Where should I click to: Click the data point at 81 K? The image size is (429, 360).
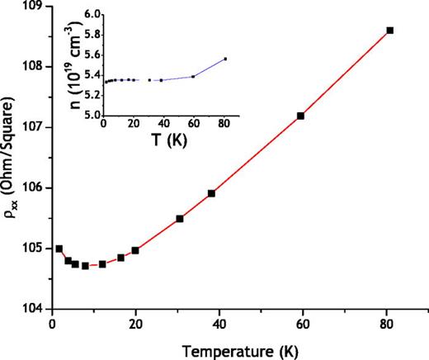point(390,31)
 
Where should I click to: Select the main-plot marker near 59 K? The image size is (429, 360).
point(300,116)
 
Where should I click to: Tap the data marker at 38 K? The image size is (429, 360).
point(211,193)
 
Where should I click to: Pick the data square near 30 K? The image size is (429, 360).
point(180,219)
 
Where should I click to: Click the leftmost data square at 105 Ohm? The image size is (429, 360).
point(59,249)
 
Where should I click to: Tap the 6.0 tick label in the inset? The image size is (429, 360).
point(92,15)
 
